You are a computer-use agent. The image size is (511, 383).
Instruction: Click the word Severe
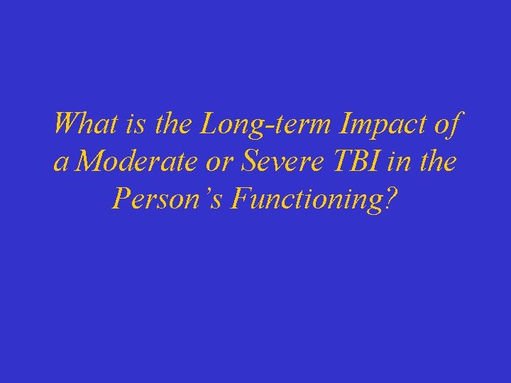[278, 162]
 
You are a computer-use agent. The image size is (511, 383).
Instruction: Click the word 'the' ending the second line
[440, 162]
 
